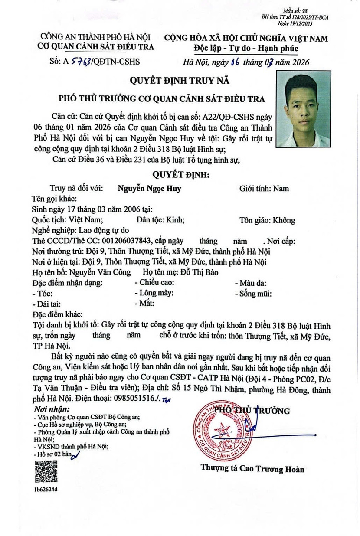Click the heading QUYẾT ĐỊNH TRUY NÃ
point(180,81)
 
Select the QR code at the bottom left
point(46,471)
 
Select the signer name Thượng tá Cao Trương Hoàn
point(252,469)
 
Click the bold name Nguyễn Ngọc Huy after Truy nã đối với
point(150,188)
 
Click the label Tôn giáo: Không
point(267,220)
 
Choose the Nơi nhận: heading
point(51,409)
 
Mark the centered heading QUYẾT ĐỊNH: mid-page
point(180,175)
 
